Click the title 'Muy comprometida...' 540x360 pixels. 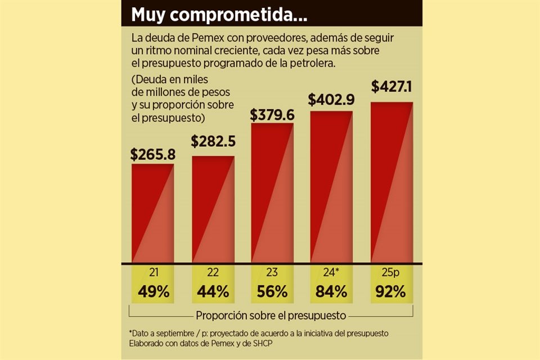coord(219,15)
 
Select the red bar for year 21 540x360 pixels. coord(152,214)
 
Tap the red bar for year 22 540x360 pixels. coord(213,209)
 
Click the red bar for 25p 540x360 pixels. coord(391,183)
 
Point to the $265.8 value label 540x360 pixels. coord(152,155)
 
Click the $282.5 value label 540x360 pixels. coord(213,141)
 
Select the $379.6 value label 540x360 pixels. coord(272,115)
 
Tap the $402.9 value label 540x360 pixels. coord(331,101)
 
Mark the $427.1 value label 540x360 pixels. coord(392,87)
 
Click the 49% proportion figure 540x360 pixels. coord(152,291)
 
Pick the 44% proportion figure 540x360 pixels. coord(213,291)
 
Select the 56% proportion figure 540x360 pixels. coord(272,291)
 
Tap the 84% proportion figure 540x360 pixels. coord(331,291)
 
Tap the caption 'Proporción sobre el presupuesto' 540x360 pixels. coord(271,315)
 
